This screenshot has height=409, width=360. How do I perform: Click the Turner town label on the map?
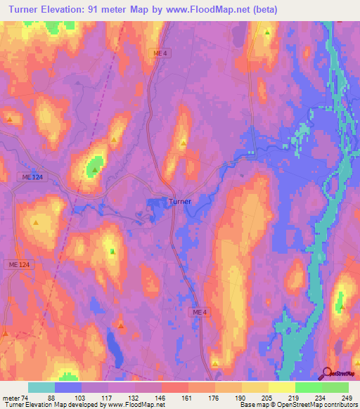tap(179, 201)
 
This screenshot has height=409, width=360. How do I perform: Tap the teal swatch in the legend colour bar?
tap(41, 387)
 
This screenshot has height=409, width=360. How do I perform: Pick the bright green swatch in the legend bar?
tap(308, 387)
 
